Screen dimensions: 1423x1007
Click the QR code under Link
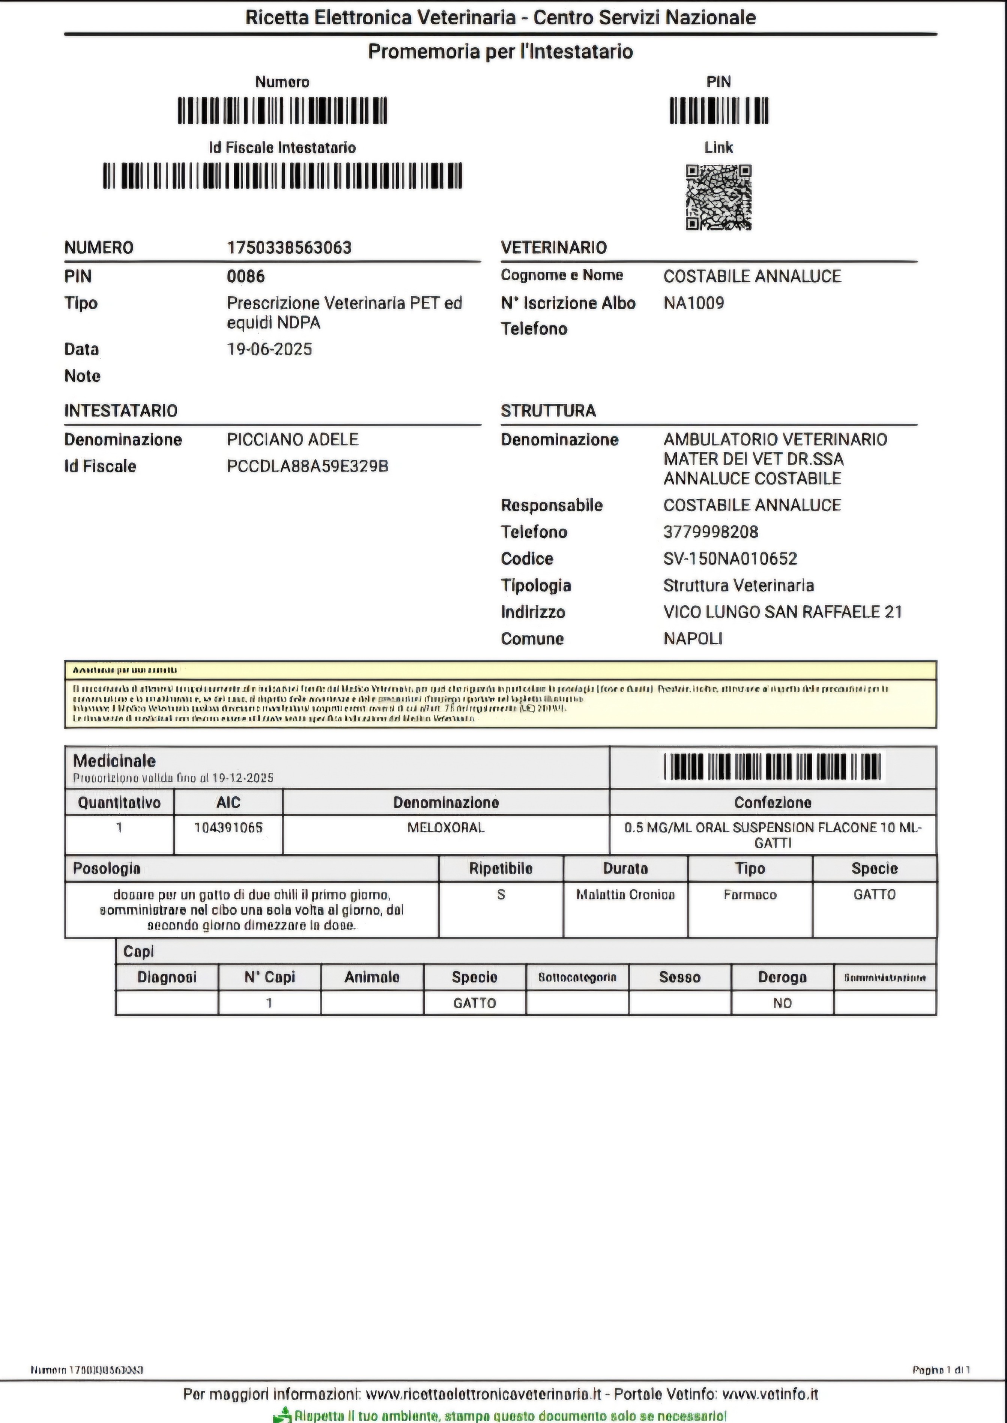click(718, 197)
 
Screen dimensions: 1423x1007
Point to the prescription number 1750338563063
click(289, 247)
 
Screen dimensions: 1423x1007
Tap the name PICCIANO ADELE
click(292, 439)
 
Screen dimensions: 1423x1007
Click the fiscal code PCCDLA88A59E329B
click(308, 466)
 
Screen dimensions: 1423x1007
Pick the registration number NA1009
click(693, 303)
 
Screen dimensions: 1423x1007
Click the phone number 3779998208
click(711, 532)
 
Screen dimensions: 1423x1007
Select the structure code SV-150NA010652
click(730, 559)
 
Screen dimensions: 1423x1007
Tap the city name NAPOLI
click(693, 639)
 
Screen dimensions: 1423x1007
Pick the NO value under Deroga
click(782, 1003)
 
